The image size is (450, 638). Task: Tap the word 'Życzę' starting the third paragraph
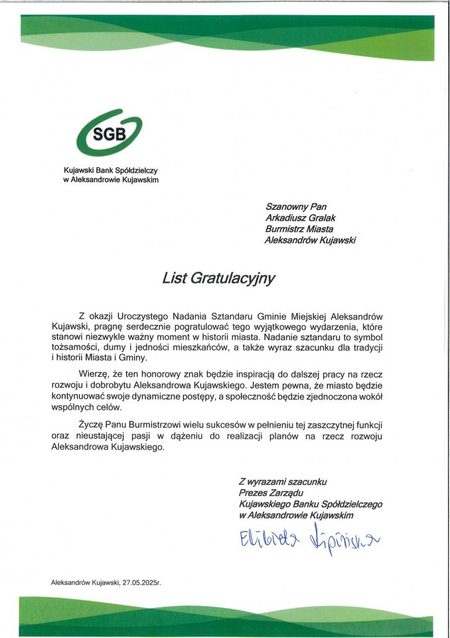point(92,424)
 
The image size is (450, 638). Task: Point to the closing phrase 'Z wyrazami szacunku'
point(283,480)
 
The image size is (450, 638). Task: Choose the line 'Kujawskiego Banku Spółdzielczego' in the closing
point(310,504)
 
